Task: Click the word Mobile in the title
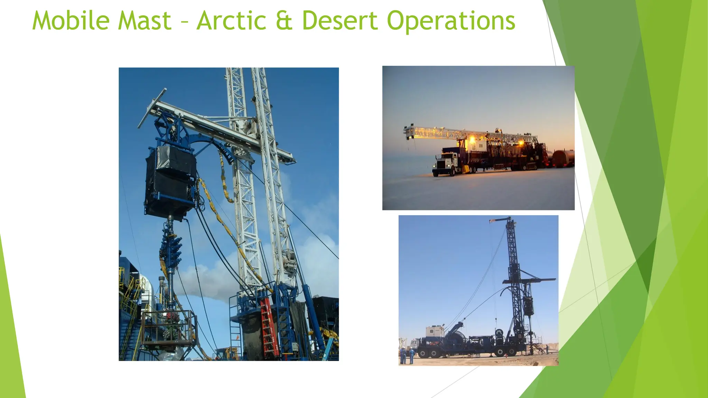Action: click(71, 21)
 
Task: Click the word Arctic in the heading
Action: click(231, 21)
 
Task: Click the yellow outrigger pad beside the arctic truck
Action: click(466, 169)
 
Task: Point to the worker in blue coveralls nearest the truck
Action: click(412, 356)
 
